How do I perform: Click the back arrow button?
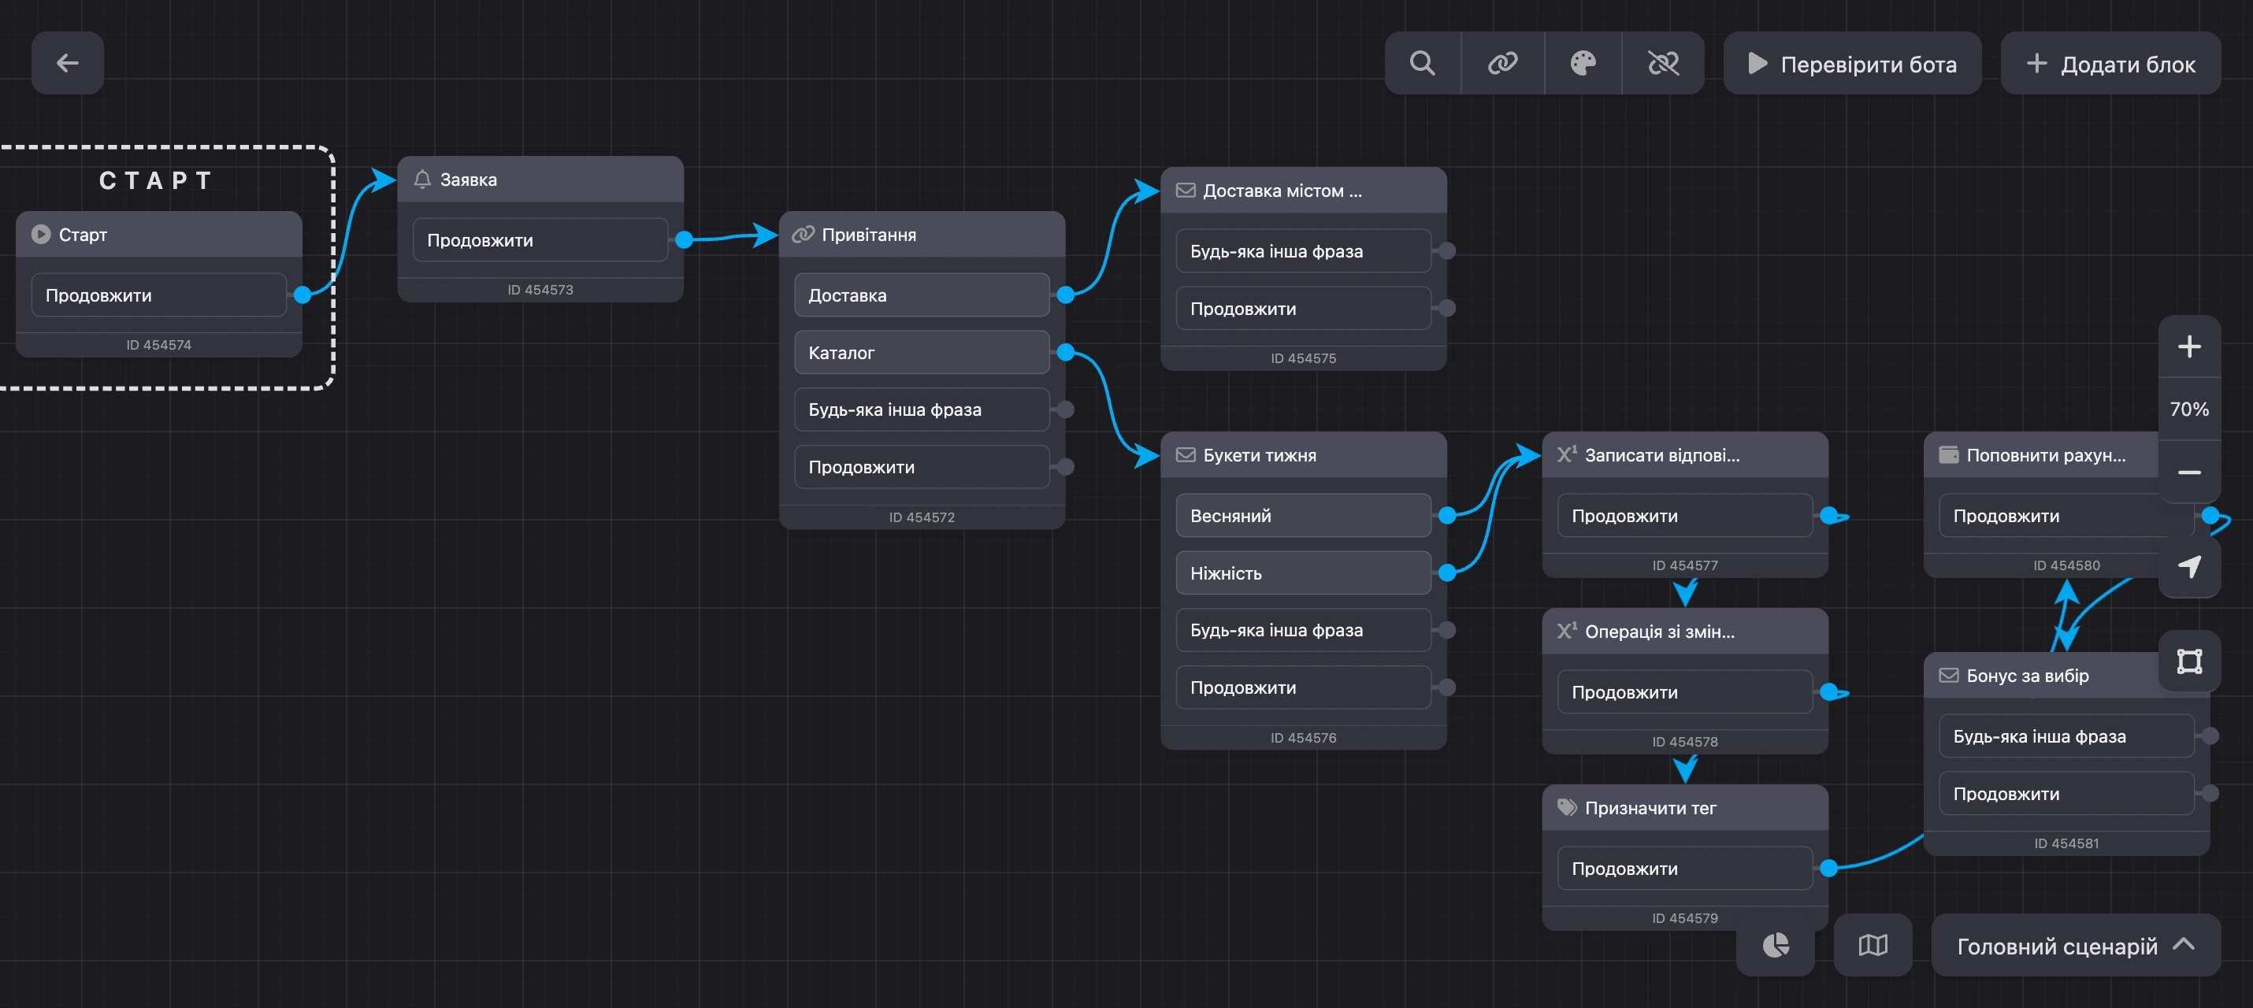click(67, 63)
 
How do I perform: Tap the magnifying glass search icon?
click(1422, 63)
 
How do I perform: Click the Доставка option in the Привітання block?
click(921, 295)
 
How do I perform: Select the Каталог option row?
click(921, 352)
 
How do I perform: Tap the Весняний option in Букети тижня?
click(1303, 516)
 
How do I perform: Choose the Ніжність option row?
click(1303, 573)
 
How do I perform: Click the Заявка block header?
click(540, 180)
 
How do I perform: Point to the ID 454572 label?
click(922, 517)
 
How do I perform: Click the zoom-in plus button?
click(2189, 347)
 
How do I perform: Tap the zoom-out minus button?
click(2189, 472)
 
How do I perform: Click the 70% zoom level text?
click(2189, 409)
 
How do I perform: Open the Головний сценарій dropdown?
click(2076, 945)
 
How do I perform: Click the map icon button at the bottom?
click(1873, 945)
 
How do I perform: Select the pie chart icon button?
click(1776, 945)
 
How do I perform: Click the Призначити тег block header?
click(1684, 808)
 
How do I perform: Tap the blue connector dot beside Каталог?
click(1065, 352)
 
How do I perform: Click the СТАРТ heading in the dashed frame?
click(156, 181)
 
